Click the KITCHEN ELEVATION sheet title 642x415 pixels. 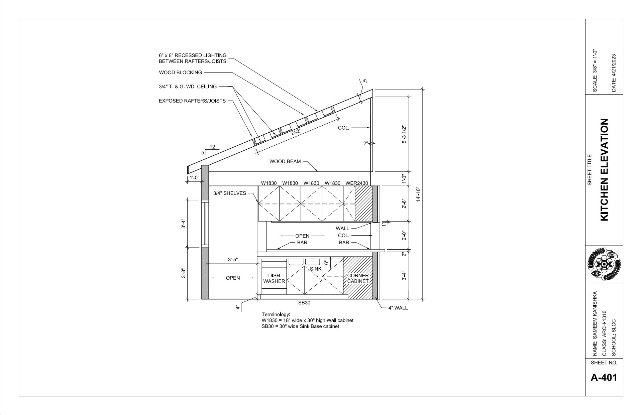tap(605, 170)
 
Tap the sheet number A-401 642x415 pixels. tap(604, 377)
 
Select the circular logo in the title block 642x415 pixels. tap(604, 264)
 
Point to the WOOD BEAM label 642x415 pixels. tap(285, 162)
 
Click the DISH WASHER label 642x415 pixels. tap(274, 278)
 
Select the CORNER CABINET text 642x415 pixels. tap(358, 278)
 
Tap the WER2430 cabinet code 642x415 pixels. tap(357, 183)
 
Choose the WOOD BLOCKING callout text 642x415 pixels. tap(181, 73)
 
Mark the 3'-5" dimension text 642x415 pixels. tap(233, 260)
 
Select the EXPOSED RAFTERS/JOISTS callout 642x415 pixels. tap(192, 101)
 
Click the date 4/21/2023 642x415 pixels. tap(614, 73)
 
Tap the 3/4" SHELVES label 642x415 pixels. tap(230, 193)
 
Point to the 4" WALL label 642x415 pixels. tap(398, 308)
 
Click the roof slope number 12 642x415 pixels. tap(212, 147)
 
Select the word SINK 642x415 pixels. tap(316, 269)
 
